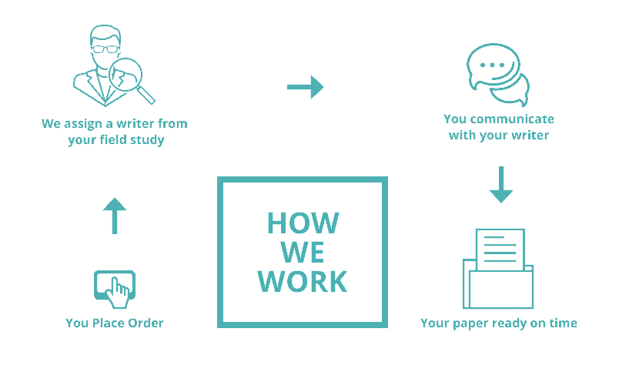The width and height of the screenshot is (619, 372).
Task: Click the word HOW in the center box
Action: coord(303,223)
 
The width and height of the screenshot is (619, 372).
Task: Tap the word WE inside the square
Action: coord(303,252)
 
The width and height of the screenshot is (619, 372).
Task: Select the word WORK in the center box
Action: coord(303,281)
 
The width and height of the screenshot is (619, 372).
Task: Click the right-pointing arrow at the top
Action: coord(305,87)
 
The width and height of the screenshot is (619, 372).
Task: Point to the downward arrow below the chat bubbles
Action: coord(501,184)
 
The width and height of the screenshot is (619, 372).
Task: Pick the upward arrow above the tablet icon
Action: coord(115,216)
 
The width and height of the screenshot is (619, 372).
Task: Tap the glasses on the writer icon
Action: coord(105,49)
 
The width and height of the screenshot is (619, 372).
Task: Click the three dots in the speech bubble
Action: coord(492,65)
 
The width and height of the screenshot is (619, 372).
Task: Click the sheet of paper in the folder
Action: coord(500,250)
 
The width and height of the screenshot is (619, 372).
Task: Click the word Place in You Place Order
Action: coord(107,323)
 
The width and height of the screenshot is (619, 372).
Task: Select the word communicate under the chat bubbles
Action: coord(513,119)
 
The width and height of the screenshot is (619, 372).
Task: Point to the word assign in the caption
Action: coord(83,124)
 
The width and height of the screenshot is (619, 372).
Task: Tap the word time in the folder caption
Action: coord(564,323)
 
